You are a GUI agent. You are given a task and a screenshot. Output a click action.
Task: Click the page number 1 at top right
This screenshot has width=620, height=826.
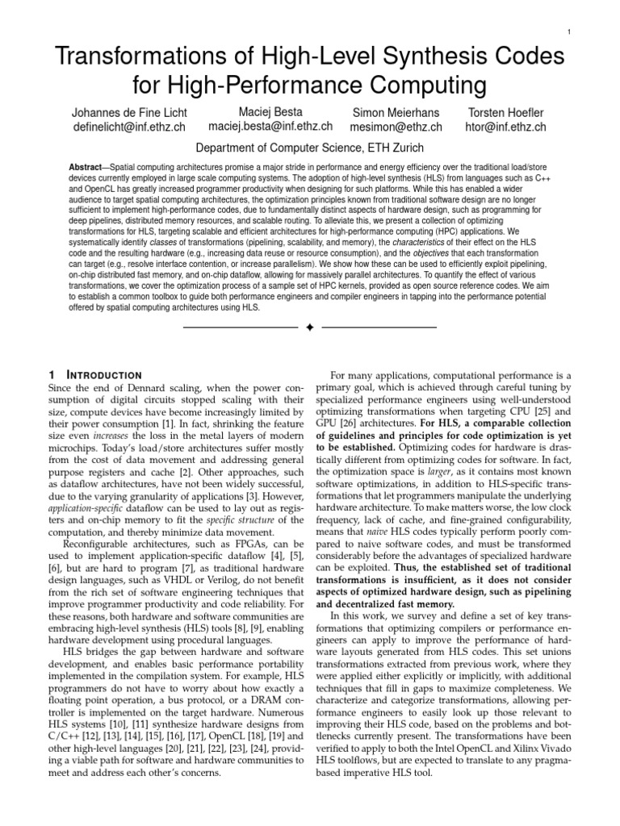click(569, 31)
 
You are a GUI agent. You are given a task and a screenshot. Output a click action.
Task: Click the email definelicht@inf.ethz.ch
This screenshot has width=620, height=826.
click(129, 127)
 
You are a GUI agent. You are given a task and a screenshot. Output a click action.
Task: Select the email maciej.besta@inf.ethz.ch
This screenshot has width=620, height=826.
click(270, 127)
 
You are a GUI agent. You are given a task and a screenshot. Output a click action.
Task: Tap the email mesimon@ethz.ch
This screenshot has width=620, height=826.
click(396, 127)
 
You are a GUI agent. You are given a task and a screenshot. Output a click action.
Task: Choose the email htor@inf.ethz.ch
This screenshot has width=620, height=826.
click(506, 127)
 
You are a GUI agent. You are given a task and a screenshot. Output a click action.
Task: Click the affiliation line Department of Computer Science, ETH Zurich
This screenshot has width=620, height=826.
click(310, 148)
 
